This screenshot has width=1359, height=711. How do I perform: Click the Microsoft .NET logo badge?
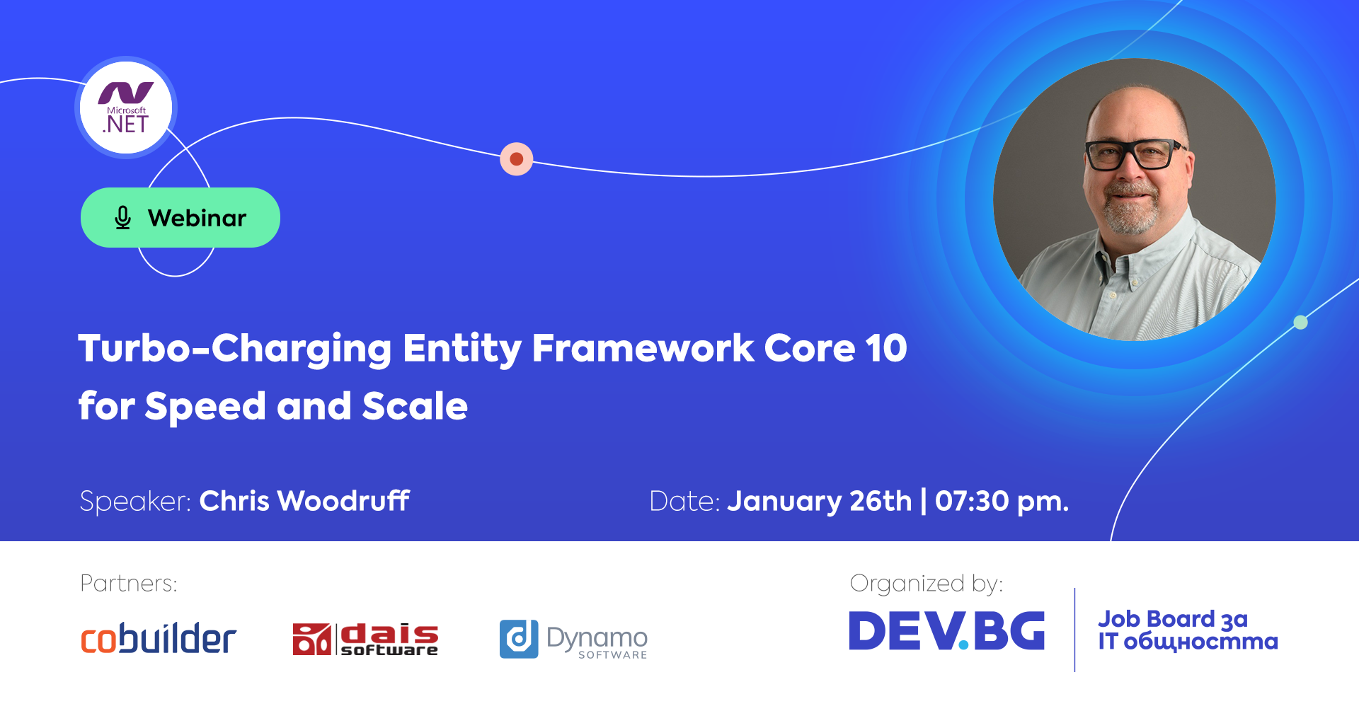(126, 108)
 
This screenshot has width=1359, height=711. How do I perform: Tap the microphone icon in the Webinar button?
(122, 218)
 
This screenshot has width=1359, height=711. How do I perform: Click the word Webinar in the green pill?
(197, 218)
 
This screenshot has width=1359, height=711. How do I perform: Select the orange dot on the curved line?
(517, 159)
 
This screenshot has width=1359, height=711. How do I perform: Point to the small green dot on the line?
(1300, 323)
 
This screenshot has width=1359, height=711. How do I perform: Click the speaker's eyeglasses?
(1135, 155)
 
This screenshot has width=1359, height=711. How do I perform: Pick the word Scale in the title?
(415, 406)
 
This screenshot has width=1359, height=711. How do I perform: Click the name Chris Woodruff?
(304, 501)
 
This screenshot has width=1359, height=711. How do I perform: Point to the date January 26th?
(820, 501)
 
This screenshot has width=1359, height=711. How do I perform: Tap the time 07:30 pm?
(1002, 501)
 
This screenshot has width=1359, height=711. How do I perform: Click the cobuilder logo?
(159, 639)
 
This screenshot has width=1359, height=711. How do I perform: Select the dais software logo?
(365, 640)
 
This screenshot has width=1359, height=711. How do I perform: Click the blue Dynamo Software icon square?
(519, 639)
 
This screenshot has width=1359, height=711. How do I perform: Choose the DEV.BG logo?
(947, 630)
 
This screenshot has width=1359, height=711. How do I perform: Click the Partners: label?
(129, 584)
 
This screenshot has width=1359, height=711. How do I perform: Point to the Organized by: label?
(927, 584)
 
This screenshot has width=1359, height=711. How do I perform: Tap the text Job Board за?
(1173, 619)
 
